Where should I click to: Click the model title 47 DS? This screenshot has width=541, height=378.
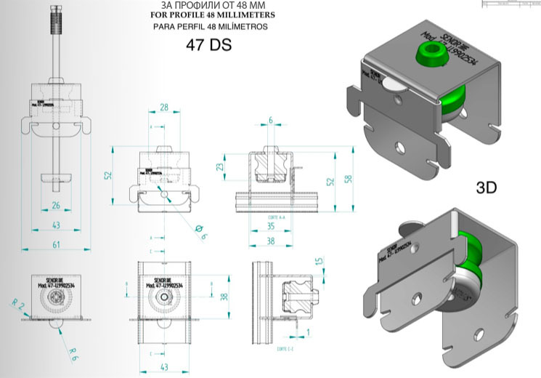click(209, 44)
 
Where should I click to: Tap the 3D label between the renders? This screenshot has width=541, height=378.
click(487, 188)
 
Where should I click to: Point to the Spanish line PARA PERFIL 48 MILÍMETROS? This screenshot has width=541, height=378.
click(211, 26)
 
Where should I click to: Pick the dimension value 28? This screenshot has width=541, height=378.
click(164, 108)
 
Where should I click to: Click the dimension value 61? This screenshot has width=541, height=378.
click(56, 246)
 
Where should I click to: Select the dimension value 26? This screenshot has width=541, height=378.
click(56, 206)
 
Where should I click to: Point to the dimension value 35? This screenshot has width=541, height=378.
click(271, 227)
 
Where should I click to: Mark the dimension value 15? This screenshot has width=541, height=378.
click(318, 261)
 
